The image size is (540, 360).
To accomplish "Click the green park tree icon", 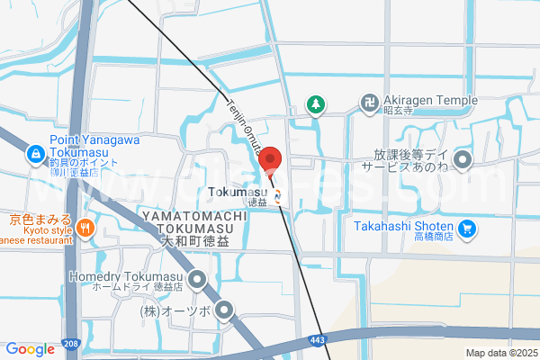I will (315, 104).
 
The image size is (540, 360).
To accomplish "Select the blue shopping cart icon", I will (466, 229).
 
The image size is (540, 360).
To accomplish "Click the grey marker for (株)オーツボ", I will (224, 311).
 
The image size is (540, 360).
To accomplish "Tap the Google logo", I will (30, 349).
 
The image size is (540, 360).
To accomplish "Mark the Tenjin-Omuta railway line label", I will (238, 124).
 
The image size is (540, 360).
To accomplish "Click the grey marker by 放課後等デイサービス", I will (463, 162).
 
